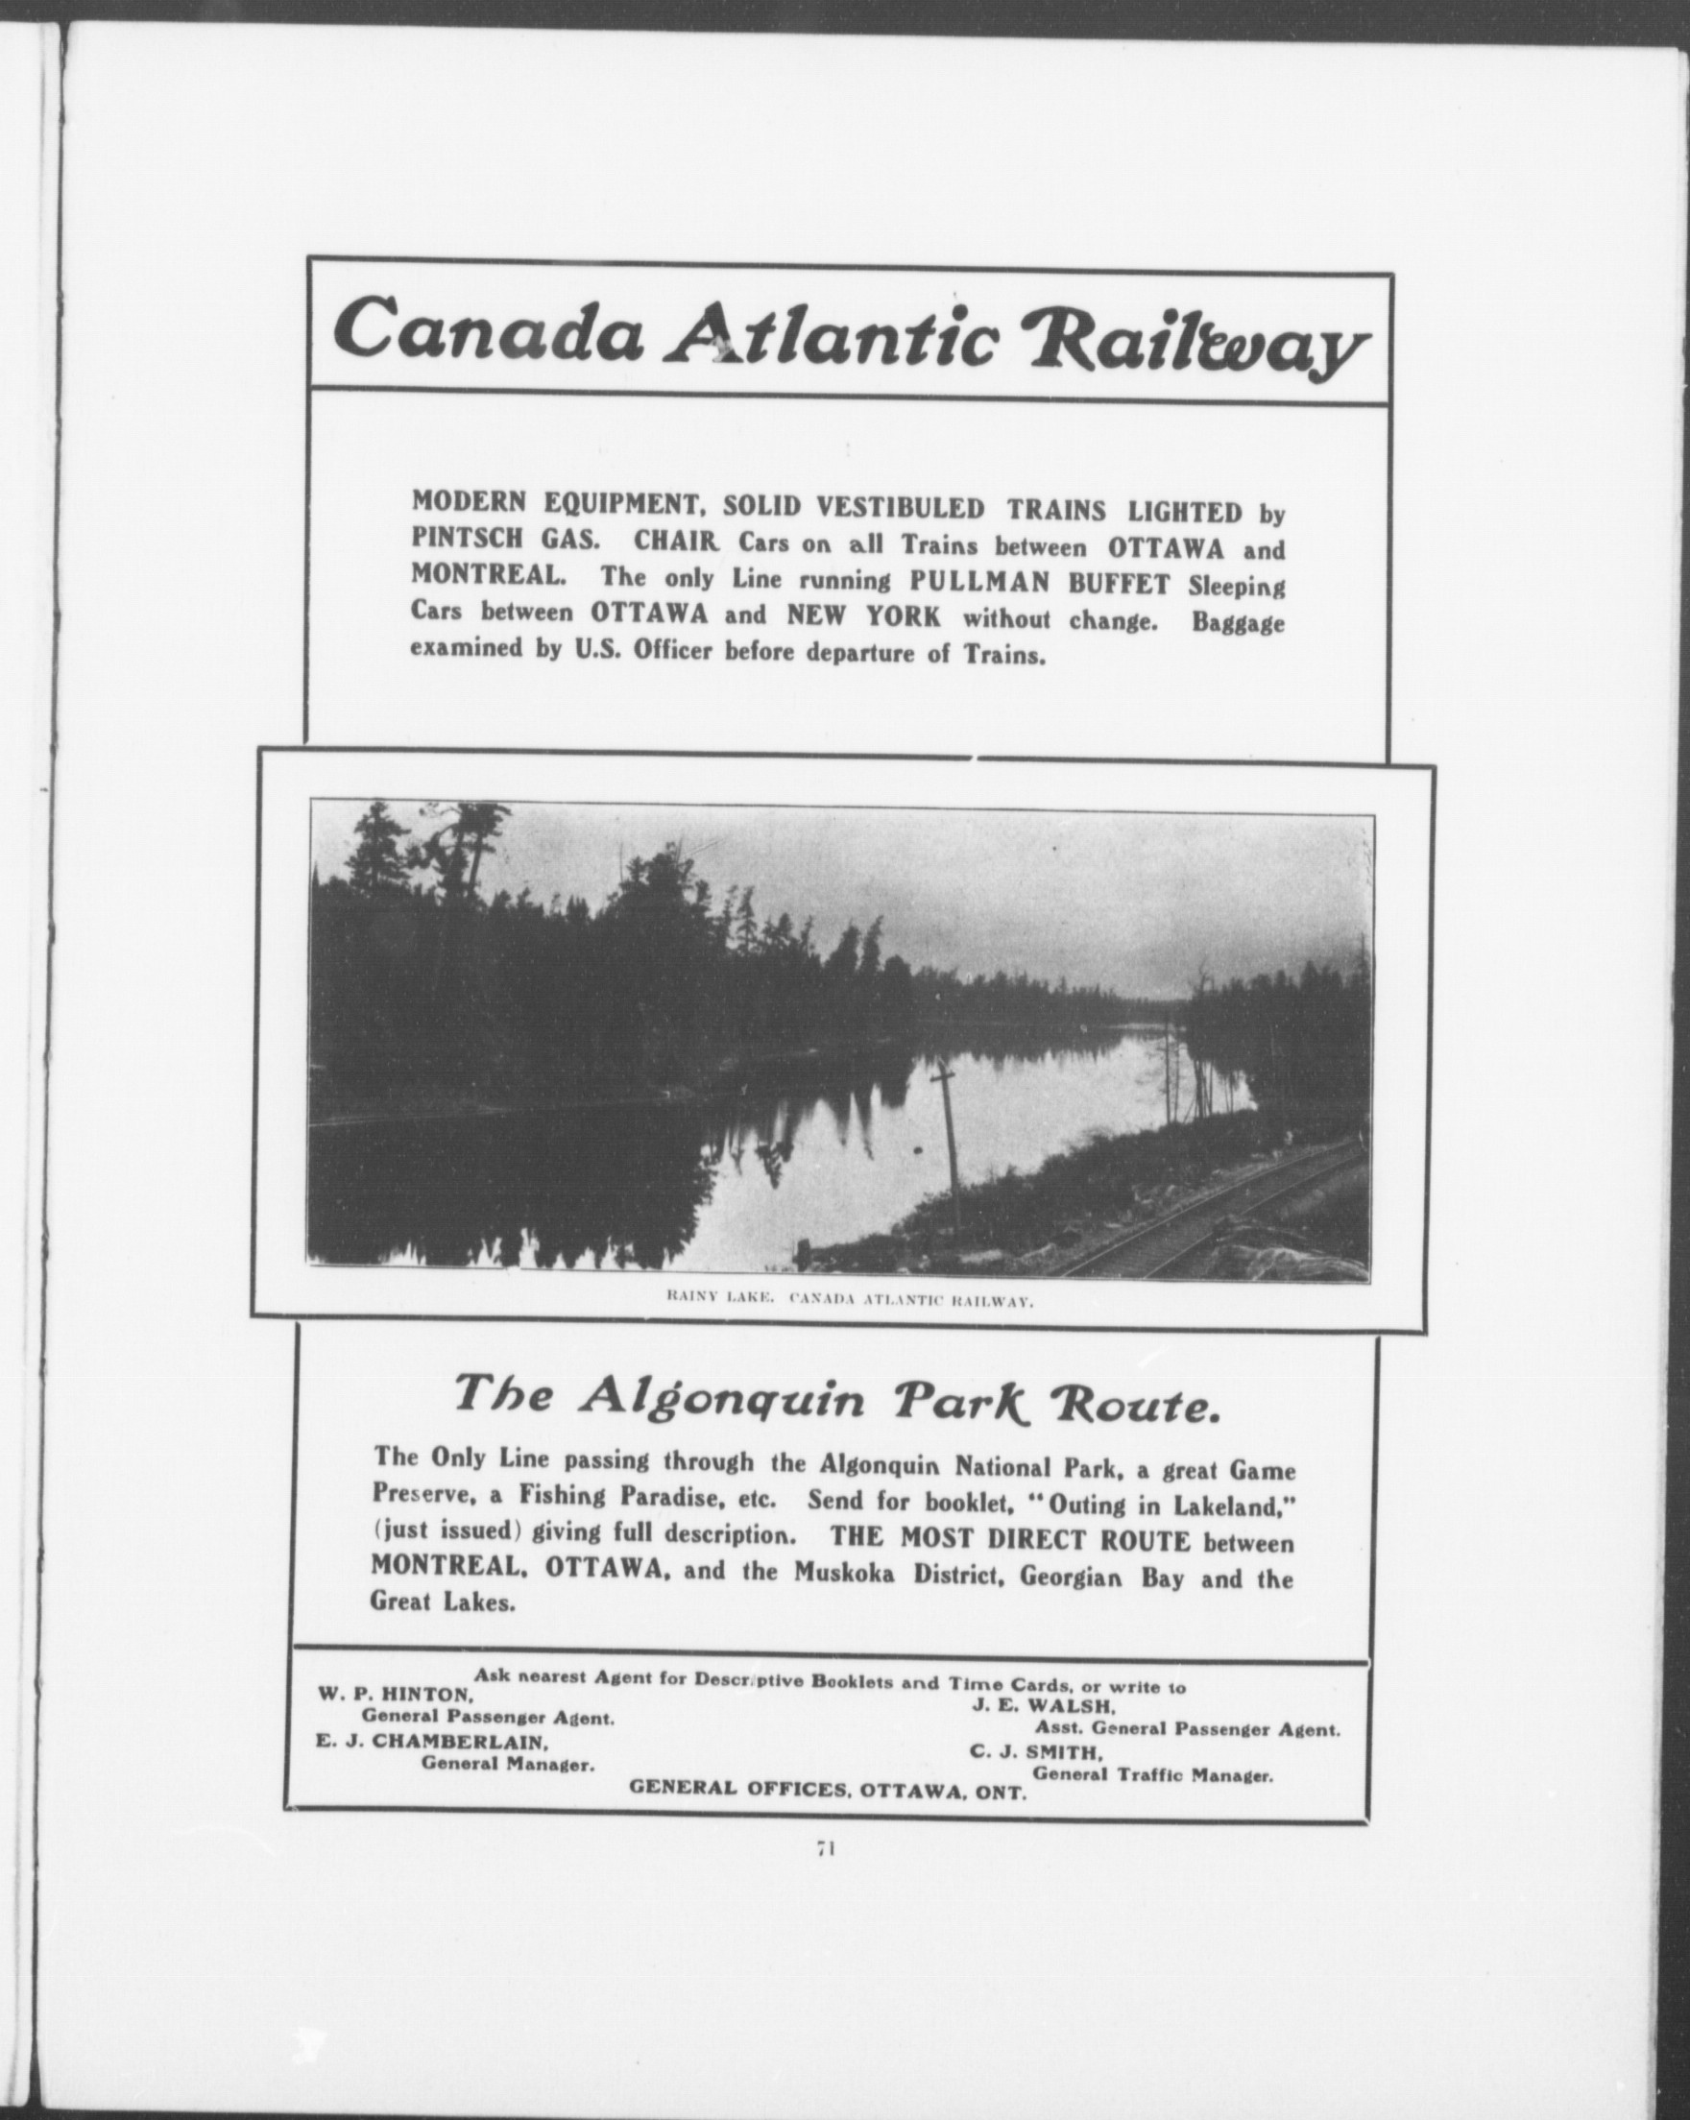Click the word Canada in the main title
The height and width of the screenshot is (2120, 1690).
pyautogui.click(x=489, y=329)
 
